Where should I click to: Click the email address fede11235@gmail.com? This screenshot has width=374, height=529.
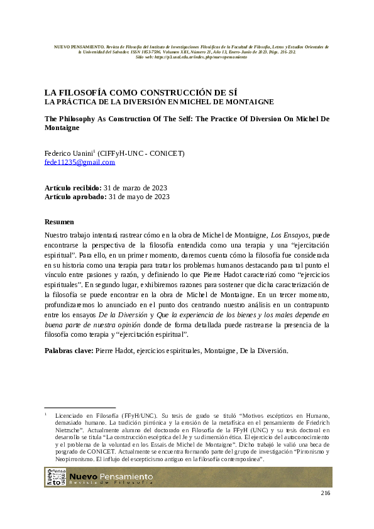coord(80,162)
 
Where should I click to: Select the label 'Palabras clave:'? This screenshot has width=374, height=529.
coord(69,350)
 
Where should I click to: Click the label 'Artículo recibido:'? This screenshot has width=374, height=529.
coord(72,188)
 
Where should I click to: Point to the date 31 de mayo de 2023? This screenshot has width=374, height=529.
coord(139,197)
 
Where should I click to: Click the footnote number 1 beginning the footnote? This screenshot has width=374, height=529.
coord(46,415)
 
